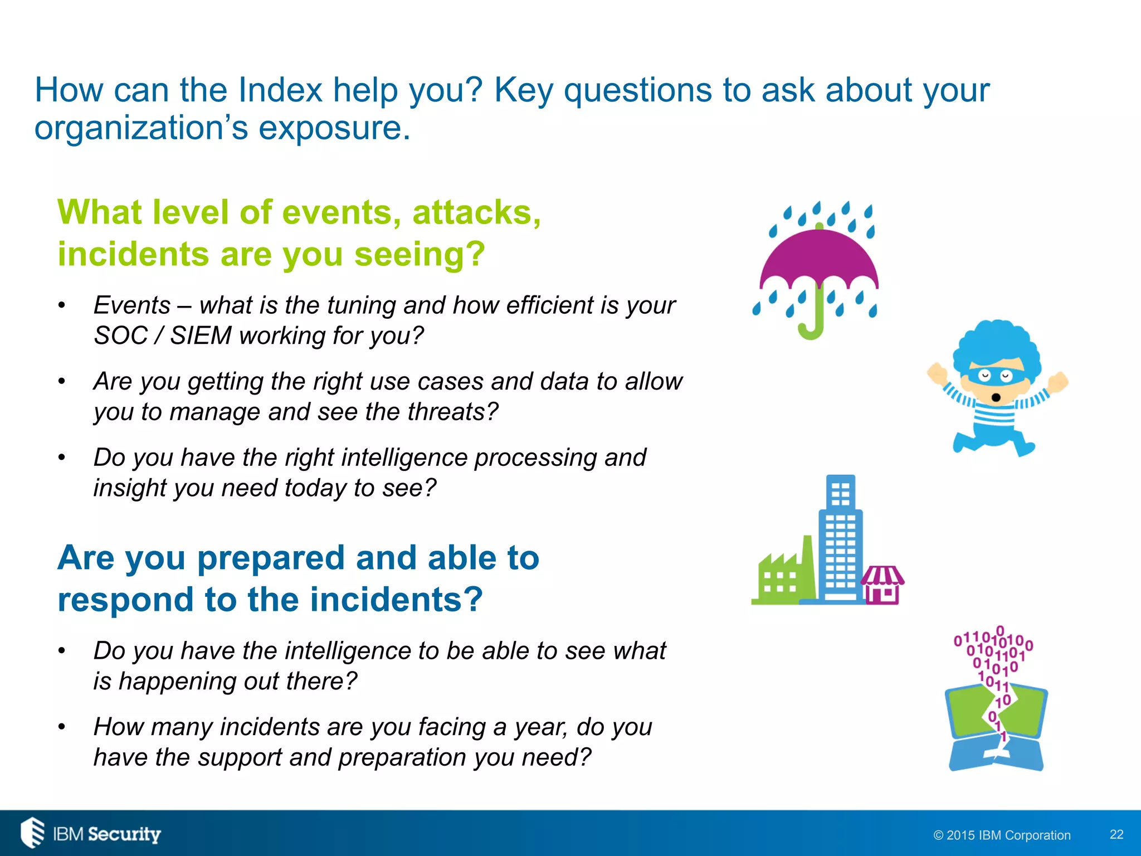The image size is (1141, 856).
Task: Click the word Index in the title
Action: (x=280, y=90)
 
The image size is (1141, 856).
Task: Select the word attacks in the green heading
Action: (x=476, y=213)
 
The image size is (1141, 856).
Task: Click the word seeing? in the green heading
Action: (x=419, y=255)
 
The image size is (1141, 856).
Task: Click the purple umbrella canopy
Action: (x=819, y=259)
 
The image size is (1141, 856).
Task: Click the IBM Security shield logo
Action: (x=32, y=833)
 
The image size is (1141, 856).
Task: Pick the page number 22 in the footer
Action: (x=1116, y=834)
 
